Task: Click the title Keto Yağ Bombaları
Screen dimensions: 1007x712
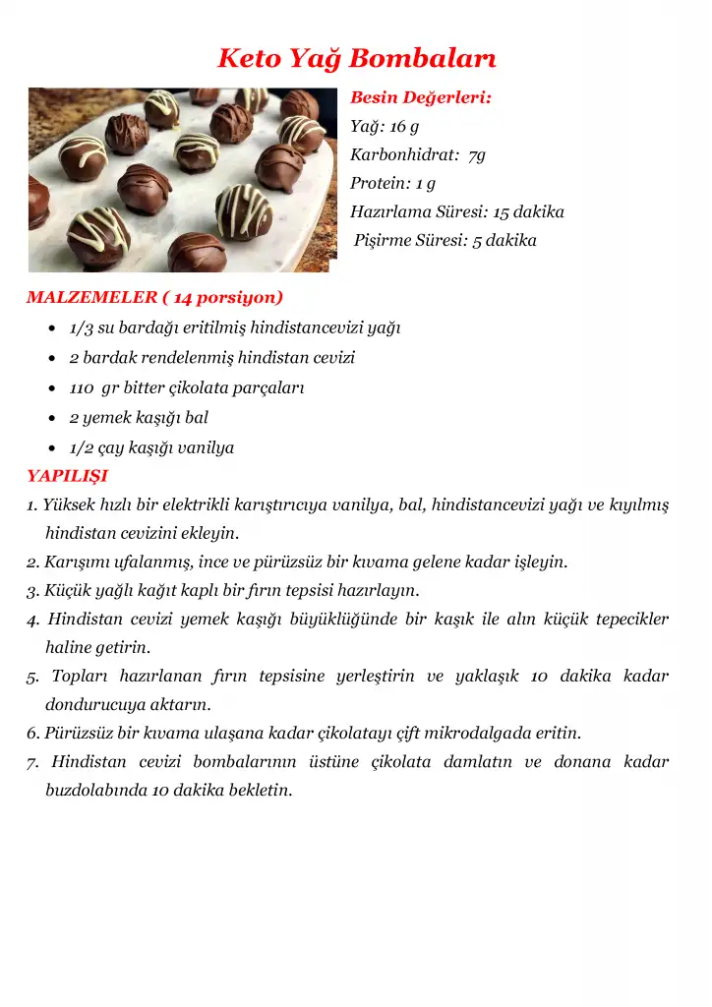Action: coord(356,58)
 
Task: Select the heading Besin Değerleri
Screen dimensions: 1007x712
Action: coord(421,98)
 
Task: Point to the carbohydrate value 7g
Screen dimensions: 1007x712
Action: coord(476,155)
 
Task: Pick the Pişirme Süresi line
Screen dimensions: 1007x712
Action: coord(445,241)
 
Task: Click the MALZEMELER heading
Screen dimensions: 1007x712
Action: coord(92,297)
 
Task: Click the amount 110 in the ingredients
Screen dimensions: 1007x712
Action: coord(82,387)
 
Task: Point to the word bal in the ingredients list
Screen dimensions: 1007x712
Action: coord(197,418)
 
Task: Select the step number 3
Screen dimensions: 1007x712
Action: coord(31,591)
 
